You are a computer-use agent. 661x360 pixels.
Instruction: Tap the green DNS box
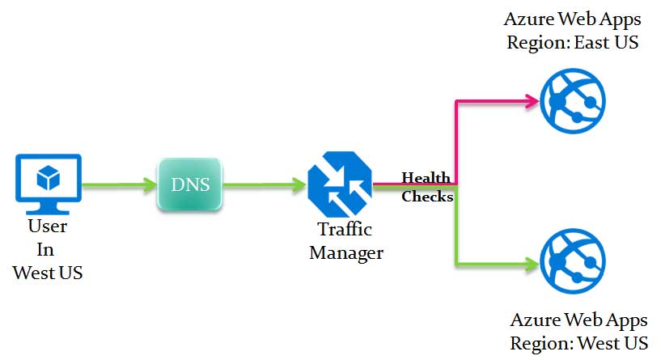[x=190, y=184]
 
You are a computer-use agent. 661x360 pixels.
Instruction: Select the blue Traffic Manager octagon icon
[x=340, y=184]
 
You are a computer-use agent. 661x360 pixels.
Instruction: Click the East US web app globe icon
[x=572, y=101]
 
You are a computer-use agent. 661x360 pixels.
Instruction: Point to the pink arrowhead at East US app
[x=532, y=101]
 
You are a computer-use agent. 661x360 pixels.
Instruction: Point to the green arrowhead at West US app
[x=532, y=263]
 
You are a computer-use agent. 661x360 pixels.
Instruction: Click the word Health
[x=426, y=177]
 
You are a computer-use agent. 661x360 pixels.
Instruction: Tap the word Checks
[x=427, y=197]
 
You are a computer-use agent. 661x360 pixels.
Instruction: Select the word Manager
[x=345, y=252]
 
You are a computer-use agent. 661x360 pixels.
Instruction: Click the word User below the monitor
[x=48, y=227]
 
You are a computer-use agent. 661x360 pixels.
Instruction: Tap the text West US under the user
[x=48, y=273]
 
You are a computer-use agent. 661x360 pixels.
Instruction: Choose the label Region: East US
[x=572, y=42]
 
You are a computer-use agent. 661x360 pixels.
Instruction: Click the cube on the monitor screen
[x=48, y=176]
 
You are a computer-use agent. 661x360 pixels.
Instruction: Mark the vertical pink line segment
[x=457, y=142]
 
